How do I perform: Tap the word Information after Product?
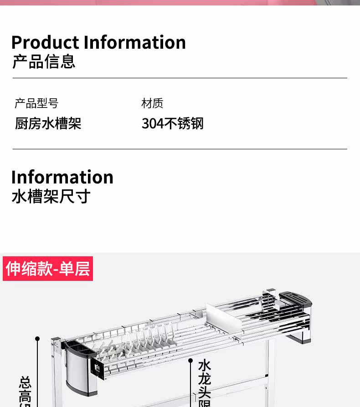[134, 42]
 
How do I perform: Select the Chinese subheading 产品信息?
[44, 61]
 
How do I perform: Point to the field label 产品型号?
[36, 103]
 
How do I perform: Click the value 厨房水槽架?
[48, 123]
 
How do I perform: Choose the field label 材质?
[152, 103]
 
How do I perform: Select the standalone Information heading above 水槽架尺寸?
[62, 177]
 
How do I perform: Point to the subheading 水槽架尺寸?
[51, 197]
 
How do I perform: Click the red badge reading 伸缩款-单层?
[48, 269]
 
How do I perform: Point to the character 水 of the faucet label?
[205, 365]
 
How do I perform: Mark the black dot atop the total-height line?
[37, 339]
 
